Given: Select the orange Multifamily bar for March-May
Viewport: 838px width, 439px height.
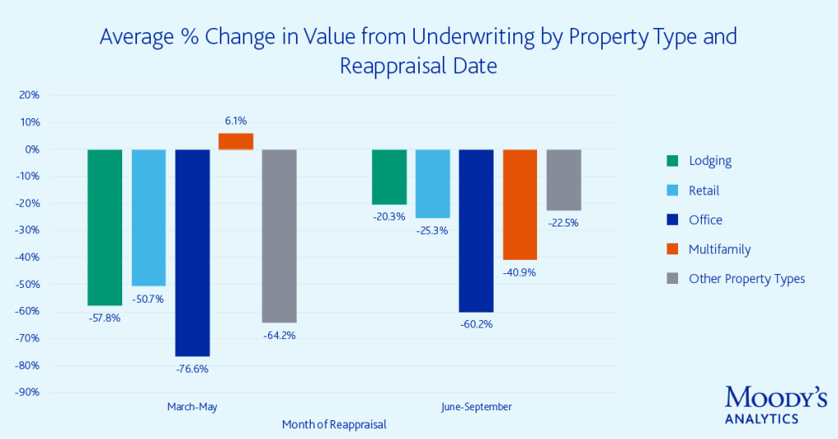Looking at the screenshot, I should pyautogui.click(x=235, y=141).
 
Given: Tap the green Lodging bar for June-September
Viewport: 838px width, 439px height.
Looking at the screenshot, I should pyautogui.click(x=389, y=176).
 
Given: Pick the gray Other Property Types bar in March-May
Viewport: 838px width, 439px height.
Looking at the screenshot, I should pyautogui.click(x=280, y=236).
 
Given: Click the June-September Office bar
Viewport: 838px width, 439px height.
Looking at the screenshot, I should pyautogui.click(x=476, y=230).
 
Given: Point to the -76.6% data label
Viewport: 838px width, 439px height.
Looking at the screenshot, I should pyautogui.click(x=192, y=368).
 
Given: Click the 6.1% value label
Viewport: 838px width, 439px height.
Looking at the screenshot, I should pyautogui.click(x=235, y=120).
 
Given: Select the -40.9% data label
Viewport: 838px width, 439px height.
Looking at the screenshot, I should pyautogui.click(x=519, y=272).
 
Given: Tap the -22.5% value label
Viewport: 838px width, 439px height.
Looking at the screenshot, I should pyautogui.click(x=562, y=222).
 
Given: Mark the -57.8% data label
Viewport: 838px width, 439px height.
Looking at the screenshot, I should pyautogui.click(x=104, y=318).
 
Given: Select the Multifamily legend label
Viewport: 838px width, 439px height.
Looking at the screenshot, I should pyautogui.click(x=719, y=249).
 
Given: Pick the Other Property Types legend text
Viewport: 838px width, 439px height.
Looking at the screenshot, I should pyautogui.click(x=746, y=279).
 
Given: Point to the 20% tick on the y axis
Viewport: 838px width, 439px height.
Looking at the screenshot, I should pyautogui.click(x=30, y=95).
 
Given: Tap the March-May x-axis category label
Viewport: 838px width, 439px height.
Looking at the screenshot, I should pyautogui.click(x=192, y=407).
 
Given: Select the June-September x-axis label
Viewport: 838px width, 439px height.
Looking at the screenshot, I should pyautogui.click(x=476, y=407).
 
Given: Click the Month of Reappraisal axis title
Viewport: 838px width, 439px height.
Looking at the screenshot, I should pyautogui.click(x=334, y=425).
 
